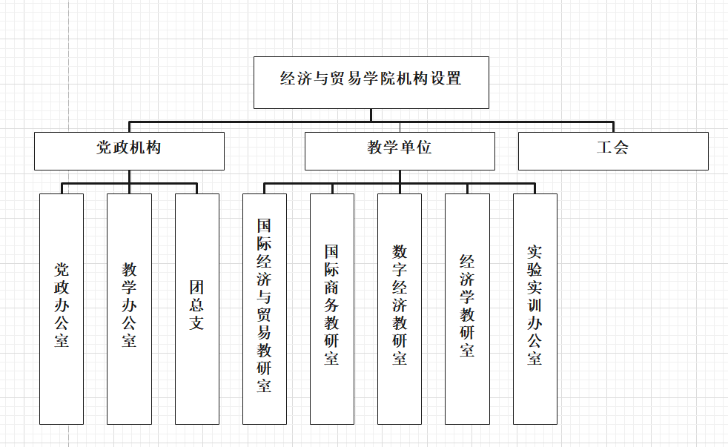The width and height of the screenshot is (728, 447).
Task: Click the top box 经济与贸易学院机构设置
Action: pos(371,82)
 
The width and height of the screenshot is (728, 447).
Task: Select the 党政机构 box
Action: pos(129,151)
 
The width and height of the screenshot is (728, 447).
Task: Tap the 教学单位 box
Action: pos(400,151)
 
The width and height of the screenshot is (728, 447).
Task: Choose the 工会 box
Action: pos(613,151)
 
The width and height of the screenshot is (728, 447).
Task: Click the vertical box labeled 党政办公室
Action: pos(62,308)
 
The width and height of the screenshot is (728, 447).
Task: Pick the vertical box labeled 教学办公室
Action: pos(129,308)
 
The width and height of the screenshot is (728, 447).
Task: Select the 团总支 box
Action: pos(197,308)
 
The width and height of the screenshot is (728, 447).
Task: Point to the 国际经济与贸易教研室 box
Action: pos(264,308)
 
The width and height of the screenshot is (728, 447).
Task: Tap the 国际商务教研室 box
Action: pos(332,308)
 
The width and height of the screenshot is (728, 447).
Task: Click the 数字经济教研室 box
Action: pos(400,308)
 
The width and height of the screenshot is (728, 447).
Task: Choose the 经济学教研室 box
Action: pos(467,308)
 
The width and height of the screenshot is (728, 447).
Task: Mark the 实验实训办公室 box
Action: pos(535,308)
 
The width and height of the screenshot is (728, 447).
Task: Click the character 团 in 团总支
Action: pos(197,288)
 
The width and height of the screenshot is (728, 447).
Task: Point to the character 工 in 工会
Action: pos(604,148)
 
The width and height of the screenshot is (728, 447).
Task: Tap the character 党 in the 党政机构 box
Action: pos(104,148)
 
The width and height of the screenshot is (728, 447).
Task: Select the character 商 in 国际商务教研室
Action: pos(331,288)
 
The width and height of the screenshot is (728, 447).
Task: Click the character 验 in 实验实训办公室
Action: pos(535,270)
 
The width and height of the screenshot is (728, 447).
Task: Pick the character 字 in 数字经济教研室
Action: pos(400,270)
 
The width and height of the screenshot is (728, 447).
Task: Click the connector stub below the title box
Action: pos(371,115)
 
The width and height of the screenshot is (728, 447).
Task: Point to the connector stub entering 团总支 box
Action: pos(197,188)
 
